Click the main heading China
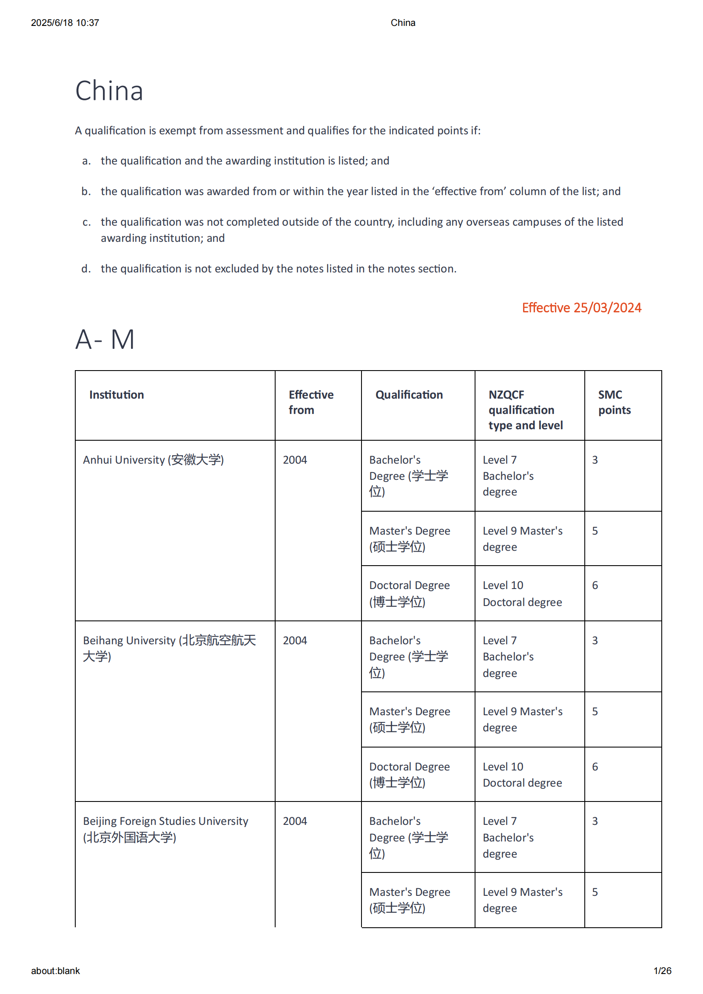pos(109,91)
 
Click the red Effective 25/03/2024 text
pos(581,307)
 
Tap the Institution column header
pos(117,395)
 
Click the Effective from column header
pos(310,402)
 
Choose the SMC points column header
pos(614,402)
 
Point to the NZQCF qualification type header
pos(525,410)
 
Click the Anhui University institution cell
pos(154,460)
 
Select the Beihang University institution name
pos(169,648)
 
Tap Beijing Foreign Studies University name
pos(165,829)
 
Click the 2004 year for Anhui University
pos(295,460)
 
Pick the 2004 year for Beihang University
pos(295,640)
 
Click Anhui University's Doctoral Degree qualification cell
pos(409,593)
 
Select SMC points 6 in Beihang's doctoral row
pos(595,767)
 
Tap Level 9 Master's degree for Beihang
pos(522,719)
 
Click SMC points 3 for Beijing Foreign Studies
pos(595,821)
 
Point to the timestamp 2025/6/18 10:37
pos(65,23)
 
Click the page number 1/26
pos(662,971)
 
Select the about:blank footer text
pos(55,971)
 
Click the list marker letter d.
pos(86,269)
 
